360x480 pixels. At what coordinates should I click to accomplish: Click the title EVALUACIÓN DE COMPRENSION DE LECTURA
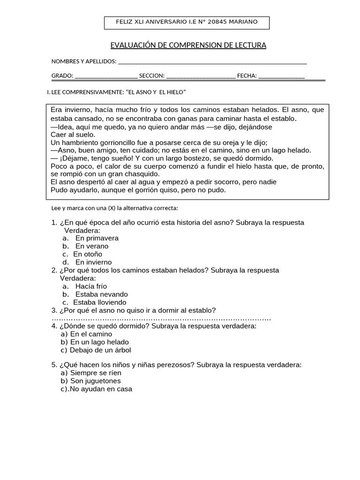click(x=188, y=45)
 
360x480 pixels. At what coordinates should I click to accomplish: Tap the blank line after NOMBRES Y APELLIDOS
click(x=212, y=62)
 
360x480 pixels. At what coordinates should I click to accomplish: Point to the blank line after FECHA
click(x=281, y=76)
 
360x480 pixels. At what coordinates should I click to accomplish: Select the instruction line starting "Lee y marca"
click(x=114, y=208)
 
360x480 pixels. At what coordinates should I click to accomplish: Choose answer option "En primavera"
click(x=97, y=238)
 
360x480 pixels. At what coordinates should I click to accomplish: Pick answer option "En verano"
click(x=91, y=246)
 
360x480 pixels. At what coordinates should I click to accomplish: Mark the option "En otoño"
click(x=88, y=254)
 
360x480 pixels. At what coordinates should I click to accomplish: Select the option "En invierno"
click(x=93, y=262)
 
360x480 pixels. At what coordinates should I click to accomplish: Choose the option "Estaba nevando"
click(x=101, y=294)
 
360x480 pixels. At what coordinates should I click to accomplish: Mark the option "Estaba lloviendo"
click(x=100, y=302)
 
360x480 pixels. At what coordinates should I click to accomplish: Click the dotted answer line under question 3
click(x=161, y=319)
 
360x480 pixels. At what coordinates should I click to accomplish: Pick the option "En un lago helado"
click(x=99, y=342)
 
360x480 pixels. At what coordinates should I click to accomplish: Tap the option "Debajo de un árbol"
click(x=100, y=350)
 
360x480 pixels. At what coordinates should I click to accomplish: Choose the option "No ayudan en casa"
click(x=101, y=389)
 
